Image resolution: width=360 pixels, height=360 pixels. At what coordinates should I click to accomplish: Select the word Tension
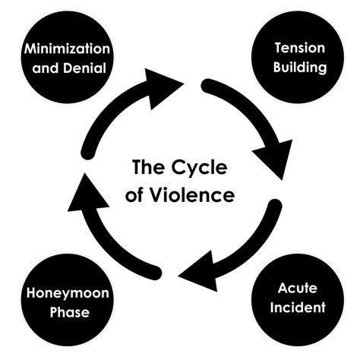tap(299, 49)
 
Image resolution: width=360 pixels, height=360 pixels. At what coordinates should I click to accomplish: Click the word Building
tap(299, 67)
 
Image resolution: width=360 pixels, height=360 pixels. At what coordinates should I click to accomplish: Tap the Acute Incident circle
tap(298, 301)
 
